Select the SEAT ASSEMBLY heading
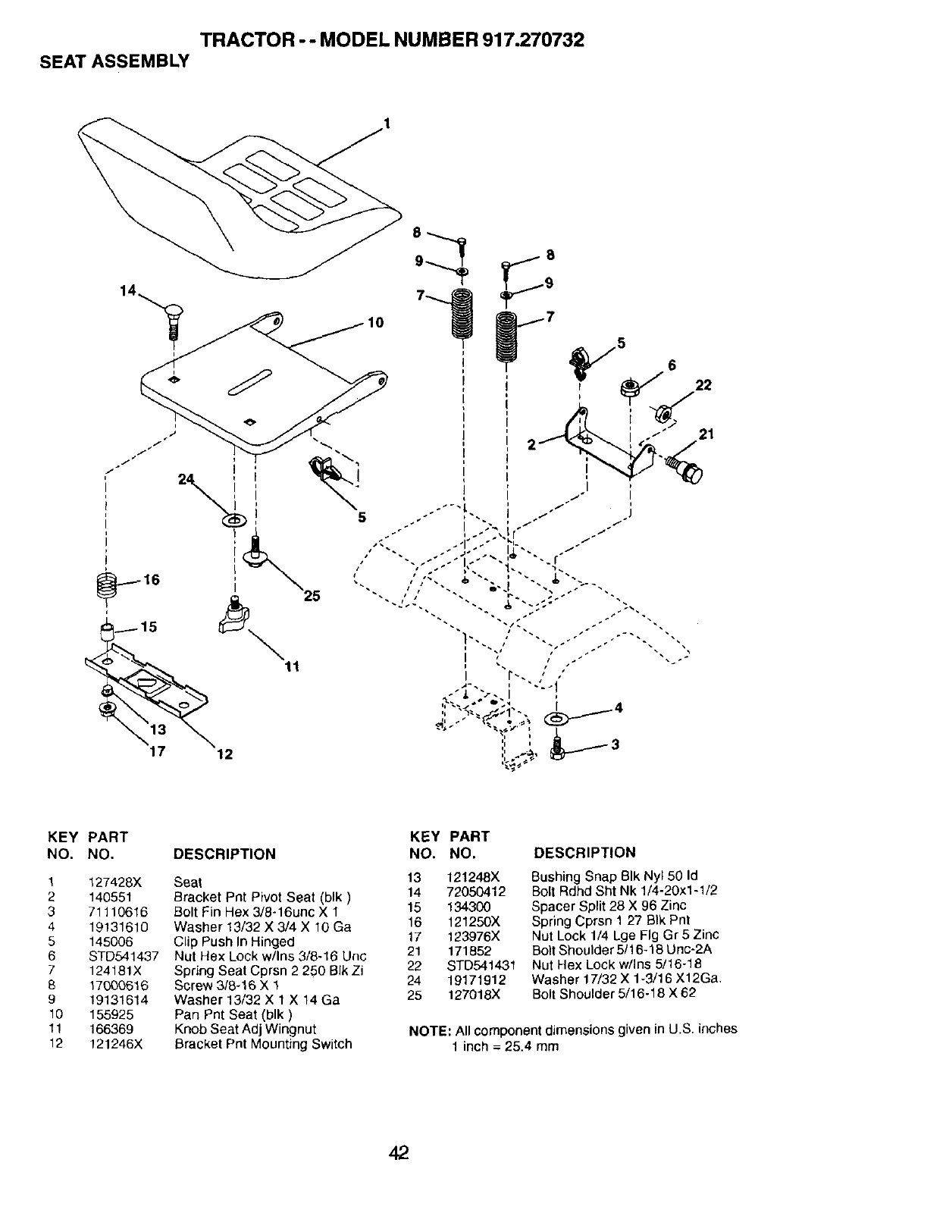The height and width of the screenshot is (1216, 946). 114,61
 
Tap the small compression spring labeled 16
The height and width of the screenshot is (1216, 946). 109,587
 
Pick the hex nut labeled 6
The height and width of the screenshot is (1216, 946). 630,388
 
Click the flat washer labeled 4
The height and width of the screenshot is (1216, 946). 557,717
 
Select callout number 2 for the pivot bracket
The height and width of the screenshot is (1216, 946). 532,445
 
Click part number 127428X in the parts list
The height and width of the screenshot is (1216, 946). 116,882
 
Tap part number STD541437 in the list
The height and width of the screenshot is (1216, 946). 124,956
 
